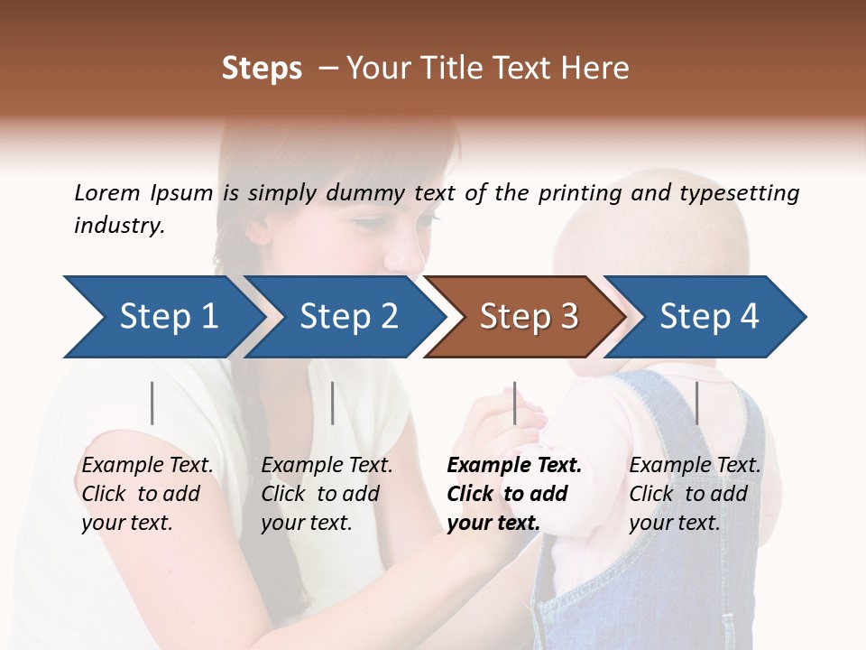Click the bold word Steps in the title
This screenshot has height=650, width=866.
[262, 68]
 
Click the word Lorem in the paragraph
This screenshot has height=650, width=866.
[106, 192]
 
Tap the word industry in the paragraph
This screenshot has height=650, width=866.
[119, 225]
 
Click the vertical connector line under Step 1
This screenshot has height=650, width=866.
[152, 403]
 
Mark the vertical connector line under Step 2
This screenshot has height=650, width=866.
[333, 403]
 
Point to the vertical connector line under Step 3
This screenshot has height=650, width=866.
[514, 403]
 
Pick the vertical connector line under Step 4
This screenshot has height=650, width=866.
[696, 403]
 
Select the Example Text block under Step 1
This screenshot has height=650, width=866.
[147, 493]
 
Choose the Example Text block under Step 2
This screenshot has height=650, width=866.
[327, 493]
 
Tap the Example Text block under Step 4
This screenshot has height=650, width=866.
[695, 493]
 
